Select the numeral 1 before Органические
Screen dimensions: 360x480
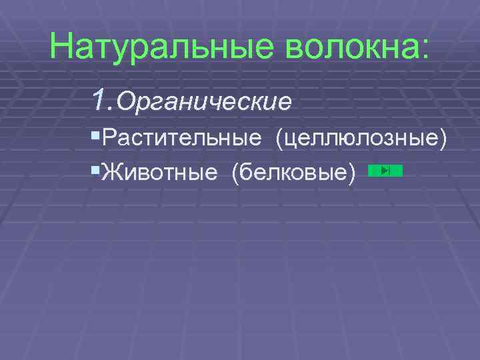tap(101, 101)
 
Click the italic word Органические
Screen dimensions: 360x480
tap(204, 103)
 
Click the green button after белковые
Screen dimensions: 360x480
tap(385, 171)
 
